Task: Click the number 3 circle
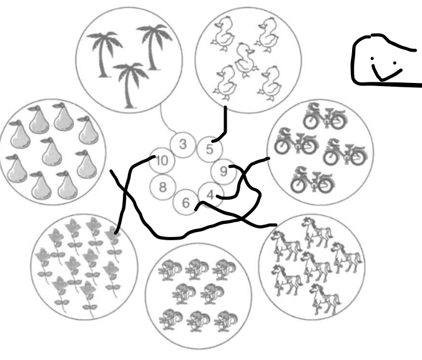(x=183, y=144)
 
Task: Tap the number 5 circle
(x=209, y=149)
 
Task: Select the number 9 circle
(x=223, y=172)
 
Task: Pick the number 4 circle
(x=210, y=195)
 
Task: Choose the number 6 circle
(x=185, y=202)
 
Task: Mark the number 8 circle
(x=162, y=187)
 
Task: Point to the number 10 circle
(x=162, y=160)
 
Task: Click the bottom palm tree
(x=130, y=85)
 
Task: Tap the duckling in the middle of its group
(x=244, y=60)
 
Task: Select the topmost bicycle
(x=325, y=115)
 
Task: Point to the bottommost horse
(x=325, y=299)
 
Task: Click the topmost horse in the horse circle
(x=316, y=232)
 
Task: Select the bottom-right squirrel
(x=225, y=321)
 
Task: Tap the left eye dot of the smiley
(x=372, y=59)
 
